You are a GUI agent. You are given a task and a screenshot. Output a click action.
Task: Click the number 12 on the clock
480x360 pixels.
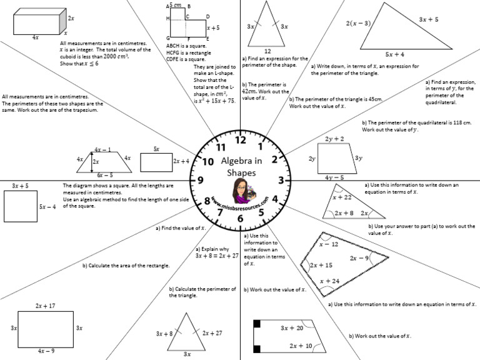pos(240,139)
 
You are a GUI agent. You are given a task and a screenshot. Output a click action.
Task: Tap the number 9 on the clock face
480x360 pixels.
pos(200,180)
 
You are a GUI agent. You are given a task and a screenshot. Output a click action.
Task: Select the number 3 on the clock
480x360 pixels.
pos(281,181)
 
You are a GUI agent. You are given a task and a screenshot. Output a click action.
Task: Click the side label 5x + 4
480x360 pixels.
pos(394,54)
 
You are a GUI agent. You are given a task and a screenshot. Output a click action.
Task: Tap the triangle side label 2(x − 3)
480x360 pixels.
pos(358,24)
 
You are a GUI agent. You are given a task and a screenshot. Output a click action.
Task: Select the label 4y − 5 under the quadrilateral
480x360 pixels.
pos(335,177)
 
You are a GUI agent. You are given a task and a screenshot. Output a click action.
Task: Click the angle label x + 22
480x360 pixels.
pos(342,197)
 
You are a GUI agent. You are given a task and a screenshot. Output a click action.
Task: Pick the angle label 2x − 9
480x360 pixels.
pos(359,257)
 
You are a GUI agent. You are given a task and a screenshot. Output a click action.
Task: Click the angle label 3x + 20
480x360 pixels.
pos(292,327)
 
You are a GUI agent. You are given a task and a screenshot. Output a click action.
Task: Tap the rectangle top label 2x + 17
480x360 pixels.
pos(45,306)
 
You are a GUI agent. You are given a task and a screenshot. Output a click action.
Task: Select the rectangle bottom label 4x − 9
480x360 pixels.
pos(45,351)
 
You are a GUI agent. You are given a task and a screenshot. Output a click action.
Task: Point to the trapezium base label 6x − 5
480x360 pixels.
pos(104,175)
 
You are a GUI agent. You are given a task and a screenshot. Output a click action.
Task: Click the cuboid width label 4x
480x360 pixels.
pos(35,37)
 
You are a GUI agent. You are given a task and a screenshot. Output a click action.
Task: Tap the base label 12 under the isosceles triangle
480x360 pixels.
pos(267,51)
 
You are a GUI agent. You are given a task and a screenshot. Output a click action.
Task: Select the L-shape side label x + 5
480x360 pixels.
pos(213,28)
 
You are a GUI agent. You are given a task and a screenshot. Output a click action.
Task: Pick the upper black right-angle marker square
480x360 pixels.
pos(257,323)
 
